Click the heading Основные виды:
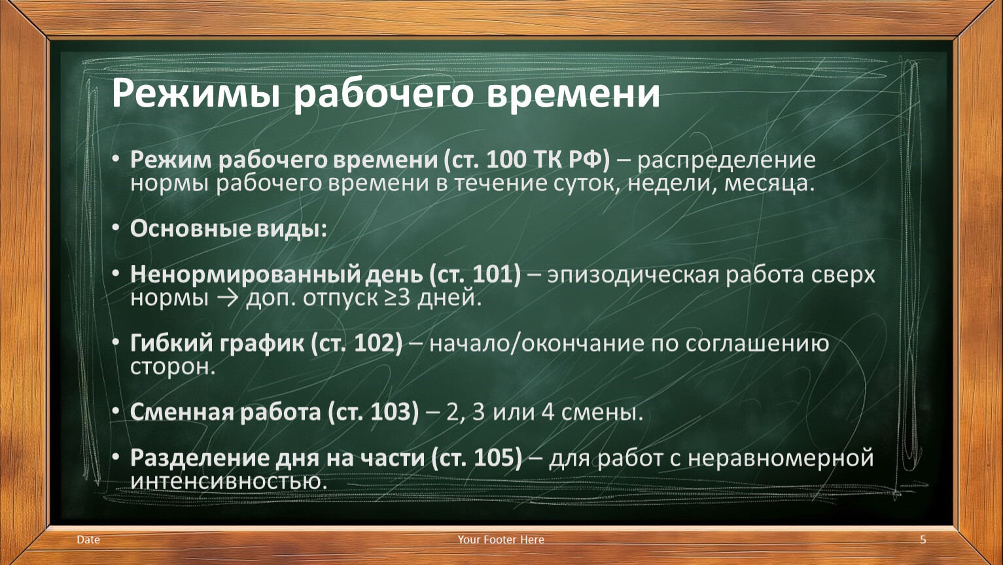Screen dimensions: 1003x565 [x=228, y=229]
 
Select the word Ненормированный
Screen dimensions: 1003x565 [x=245, y=275]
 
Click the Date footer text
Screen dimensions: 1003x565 [x=88, y=539]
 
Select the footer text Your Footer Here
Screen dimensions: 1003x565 [x=501, y=539]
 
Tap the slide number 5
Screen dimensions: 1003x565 [x=923, y=539]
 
